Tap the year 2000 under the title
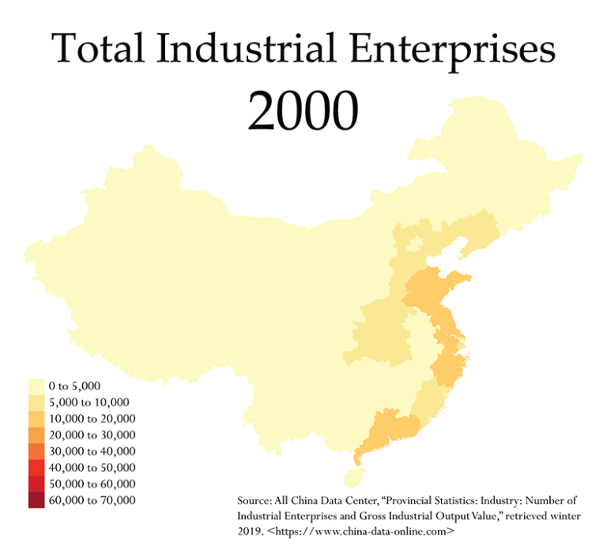(x=303, y=111)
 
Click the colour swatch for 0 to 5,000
(x=36, y=386)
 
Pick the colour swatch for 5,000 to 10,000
(x=36, y=402)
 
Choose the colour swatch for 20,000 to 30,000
(x=36, y=435)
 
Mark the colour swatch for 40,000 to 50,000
(x=36, y=467)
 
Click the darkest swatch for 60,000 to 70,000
(x=36, y=499)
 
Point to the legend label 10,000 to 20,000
(x=92, y=419)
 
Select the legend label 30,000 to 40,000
(x=92, y=451)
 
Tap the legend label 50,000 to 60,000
(x=92, y=484)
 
